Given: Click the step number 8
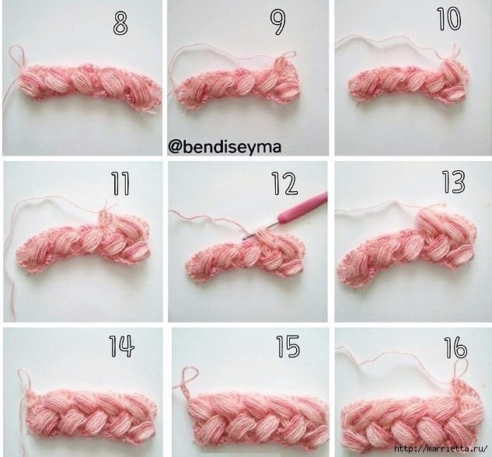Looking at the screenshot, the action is pyautogui.click(x=120, y=23).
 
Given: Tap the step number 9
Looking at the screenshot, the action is pyautogui.click(x=278, y=23).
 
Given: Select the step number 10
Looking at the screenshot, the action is pyautogui.click(x=449, y=19).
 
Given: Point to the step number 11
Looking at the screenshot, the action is pyautogui.click(x=120, y=183).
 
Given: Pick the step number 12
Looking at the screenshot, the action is pyautogui.click(x=284, y=183).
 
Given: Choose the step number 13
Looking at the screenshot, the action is pyautogui.click(x=454, y=182).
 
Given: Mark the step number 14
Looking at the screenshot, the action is pyautogui.click(x=122, y=346).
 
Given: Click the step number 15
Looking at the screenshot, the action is pyautogui.click(x=288, y=347).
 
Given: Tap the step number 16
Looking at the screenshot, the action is pyautogui.click(x=456, y=347).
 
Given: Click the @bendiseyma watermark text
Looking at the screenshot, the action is pyautogui.click(x=225, y=147).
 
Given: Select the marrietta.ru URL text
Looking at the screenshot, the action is pyautogui.click(x=441, y=448).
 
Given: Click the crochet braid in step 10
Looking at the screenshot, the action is pyautogui.click(x=408, y=81).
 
